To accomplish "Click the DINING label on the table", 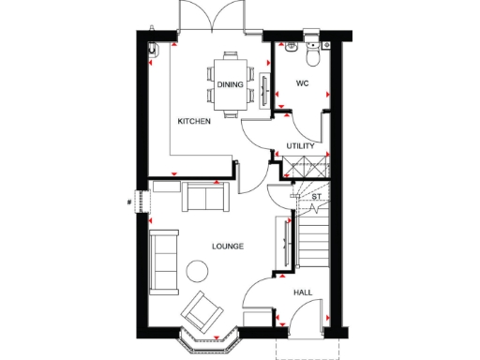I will click(231, 84).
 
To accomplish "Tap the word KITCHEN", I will click(194, 121).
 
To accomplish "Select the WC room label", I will click(302, 82).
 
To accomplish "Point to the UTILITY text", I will click(301, 145).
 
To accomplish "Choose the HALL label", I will click(303, 292).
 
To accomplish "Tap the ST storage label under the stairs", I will click(316, 197).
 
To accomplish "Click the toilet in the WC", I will click(312, 53).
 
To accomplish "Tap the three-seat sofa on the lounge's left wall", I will click(164, 259).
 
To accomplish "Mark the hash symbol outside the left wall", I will click(130, 200).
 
